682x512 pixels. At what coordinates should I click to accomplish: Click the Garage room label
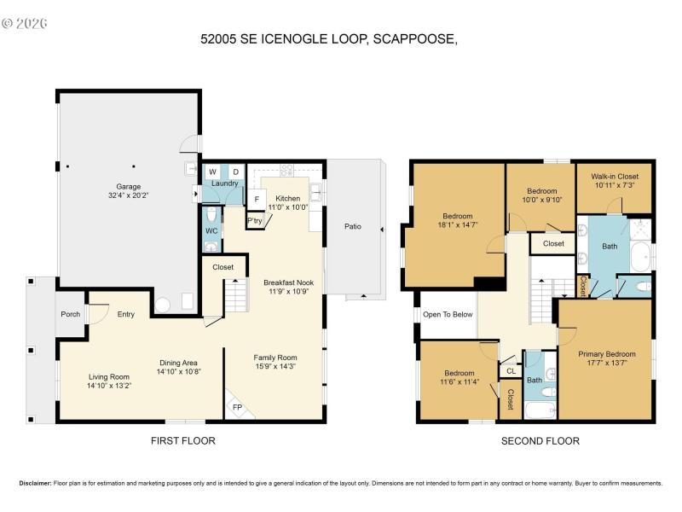coord(129,186)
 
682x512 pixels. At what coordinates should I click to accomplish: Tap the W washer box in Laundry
coord(212,172)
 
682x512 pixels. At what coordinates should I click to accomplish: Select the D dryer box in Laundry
coord(236,172)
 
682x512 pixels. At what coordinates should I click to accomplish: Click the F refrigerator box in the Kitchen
coord(256,199)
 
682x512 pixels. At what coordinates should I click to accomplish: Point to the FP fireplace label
coord(237,408)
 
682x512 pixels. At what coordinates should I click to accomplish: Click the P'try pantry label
coord(255,220)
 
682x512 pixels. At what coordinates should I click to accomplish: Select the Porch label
coord(71,314)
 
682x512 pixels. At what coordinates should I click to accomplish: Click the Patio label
coord(353,227)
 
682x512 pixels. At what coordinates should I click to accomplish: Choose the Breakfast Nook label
coord(287,282)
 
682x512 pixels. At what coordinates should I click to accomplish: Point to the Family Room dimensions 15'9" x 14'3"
coord(275,367)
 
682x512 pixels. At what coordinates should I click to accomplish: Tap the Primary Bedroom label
coord(606,354)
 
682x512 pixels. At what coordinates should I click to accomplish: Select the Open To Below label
coord(448,314)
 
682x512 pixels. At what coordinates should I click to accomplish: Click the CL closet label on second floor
coord(511,371)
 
